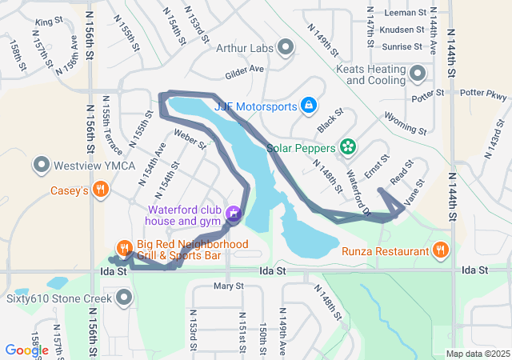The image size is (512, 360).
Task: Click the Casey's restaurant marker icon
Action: click(100, 190)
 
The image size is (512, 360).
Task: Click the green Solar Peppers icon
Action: click(347, 146)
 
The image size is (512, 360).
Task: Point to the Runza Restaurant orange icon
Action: click(440, 251)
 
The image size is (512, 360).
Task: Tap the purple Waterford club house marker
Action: click(233, 214)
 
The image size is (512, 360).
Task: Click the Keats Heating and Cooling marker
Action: click(417, 74)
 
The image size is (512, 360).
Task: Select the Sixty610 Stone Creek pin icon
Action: click(124, 299)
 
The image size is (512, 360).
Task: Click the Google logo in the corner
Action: click(26, 350)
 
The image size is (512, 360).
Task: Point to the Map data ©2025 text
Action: click(477, 354)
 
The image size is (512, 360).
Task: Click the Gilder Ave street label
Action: click(245, 70)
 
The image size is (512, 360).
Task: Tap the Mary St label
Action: click(228, 286)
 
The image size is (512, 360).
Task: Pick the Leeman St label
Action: click(405, 13)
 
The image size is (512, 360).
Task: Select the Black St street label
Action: click(325, 123)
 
